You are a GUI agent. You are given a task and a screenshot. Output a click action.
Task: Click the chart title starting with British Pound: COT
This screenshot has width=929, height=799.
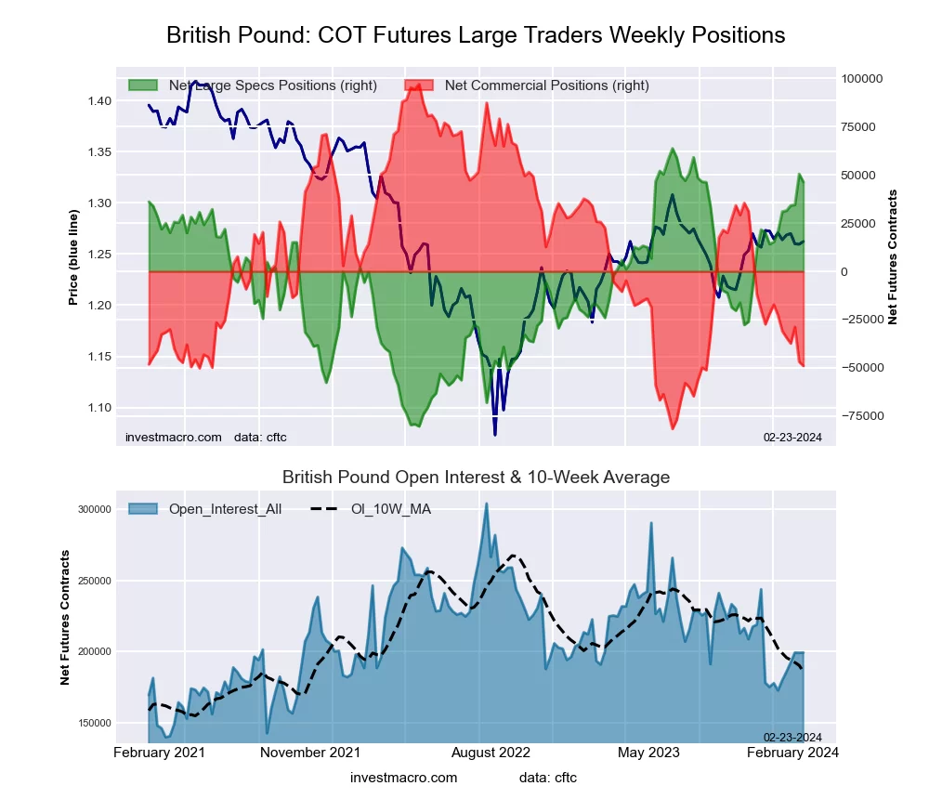tap(476, 35)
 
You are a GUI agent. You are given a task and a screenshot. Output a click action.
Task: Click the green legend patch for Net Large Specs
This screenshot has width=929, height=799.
tap(145, 85)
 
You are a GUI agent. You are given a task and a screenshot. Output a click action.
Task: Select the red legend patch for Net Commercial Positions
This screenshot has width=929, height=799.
tap(420, 85)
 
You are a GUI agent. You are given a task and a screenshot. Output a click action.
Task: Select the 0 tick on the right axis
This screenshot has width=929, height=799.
tap(844, 271)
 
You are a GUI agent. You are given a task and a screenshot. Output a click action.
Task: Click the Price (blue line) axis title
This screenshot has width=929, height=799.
tap(73, 257)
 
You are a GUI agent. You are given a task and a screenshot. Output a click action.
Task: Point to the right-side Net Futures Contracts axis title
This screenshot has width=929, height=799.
tap(893, 257)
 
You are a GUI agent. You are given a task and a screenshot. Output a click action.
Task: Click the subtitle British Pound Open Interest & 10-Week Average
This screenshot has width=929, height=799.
tap(476, 478)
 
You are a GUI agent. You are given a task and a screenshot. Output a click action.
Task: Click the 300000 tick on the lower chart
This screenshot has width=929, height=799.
tap(96, 509)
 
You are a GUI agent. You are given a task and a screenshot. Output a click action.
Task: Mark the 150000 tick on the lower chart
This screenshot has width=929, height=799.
tap(96, 723)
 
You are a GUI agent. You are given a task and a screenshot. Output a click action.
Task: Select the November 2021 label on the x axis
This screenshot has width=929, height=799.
tap(310, 752)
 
